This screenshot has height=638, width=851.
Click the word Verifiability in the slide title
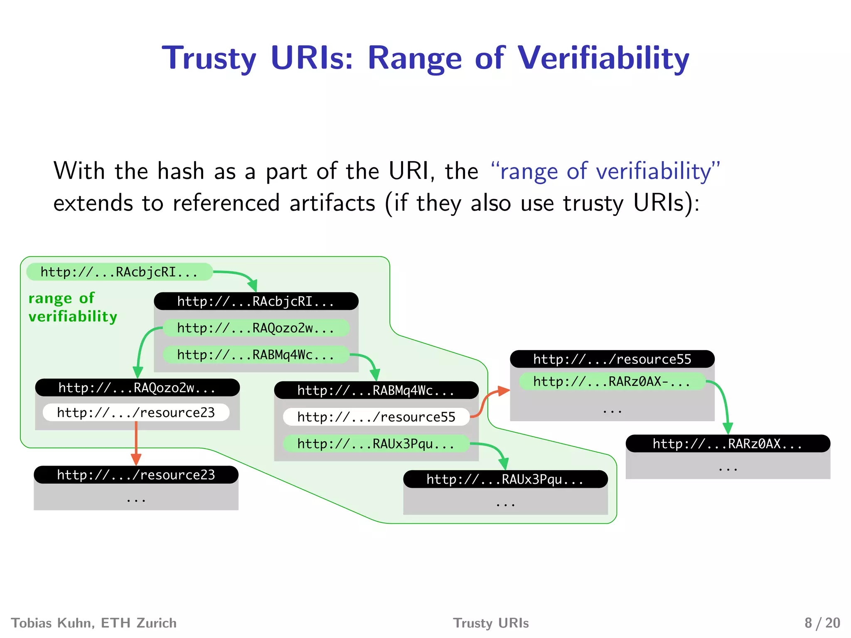click(x=603, y=58)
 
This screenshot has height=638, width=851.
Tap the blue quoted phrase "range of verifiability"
click(x=605, y=171)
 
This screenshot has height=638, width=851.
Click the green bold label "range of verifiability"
click(x=73, y=307)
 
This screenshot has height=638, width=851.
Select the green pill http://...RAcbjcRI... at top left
click(x=119, y=272)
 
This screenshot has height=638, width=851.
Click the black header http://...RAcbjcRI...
click(x=256, y=301)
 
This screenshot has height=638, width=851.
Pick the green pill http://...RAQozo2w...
click(x=256, y=328)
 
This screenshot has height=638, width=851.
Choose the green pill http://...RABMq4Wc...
click(x=256, y=355)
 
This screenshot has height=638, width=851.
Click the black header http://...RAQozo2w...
click(x=137, y=388)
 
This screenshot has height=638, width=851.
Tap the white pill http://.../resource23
click(x=136, y=412)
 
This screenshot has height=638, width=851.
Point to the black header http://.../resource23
click(x=136, y=475)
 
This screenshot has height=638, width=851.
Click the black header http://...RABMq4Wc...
click(x=376, y=390)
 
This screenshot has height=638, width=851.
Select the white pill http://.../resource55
click(x=376, y=417)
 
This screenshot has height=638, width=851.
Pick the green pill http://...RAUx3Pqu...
click(x=376, y=444)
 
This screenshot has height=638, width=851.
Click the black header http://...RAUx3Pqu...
click(x=505, y=479)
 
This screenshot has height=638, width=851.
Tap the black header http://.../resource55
click(x=612, y=359)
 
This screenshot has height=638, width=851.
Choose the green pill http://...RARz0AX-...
click(x=612, y=381)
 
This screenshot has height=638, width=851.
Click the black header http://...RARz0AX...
click(x=728, y=444)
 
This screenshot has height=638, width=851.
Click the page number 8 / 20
click(x=822, y=623)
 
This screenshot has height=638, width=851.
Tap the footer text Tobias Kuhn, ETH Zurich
click(x=94, y=623)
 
